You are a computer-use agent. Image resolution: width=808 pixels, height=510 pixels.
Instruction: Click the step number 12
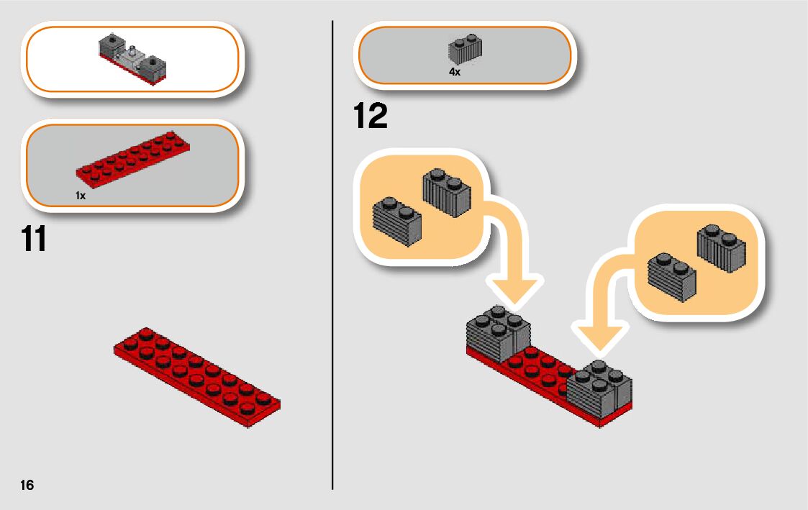pyautogui.click(x=371, y=117)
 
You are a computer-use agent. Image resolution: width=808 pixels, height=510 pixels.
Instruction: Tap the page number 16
pyautogui.click(x=27, y=485)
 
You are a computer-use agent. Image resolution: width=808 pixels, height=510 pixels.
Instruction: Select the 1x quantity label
pyautogui.click(x=80, y=195)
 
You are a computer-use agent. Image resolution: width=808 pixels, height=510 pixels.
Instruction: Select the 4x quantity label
pyautogui.click(x=455, y=72)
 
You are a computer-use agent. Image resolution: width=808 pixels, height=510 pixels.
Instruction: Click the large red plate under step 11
pyautogui.click(x=196, y=376)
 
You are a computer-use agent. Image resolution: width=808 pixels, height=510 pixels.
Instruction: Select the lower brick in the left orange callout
pyautogui.click(x=397, y=221)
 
